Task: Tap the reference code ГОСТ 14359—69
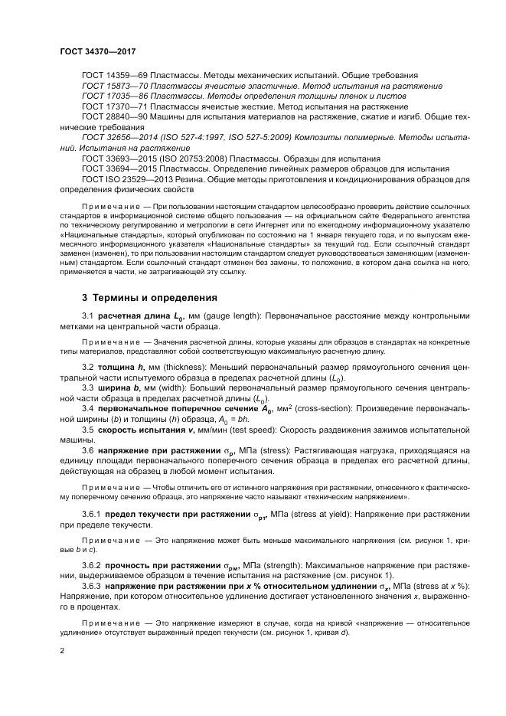111,77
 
